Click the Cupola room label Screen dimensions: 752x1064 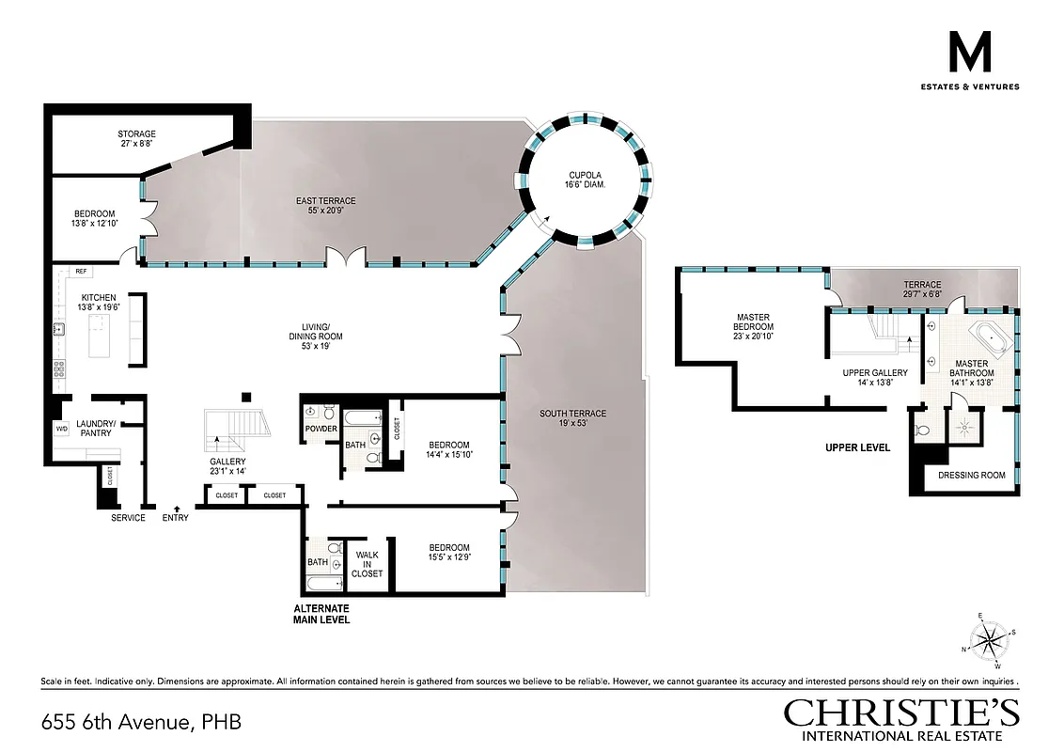(x=586, y=174)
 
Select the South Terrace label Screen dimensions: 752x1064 (x=572, y=414)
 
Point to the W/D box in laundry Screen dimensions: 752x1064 (x=61, y=430)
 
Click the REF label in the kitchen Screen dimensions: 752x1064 (x=81, y=272)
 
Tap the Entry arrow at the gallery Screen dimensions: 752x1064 (x=178, y=509)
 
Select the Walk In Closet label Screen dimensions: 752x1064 (x=367, y=562)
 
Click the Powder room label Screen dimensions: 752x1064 (x=321, y=429)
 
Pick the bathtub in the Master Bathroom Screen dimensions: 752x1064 (x=987, y=337)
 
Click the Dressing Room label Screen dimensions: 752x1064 (x=971, y=476)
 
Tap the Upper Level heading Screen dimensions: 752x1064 (x=857, y=447)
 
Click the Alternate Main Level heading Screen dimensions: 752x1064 (x=321, y=614)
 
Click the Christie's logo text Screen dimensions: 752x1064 (x=901, y=713)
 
